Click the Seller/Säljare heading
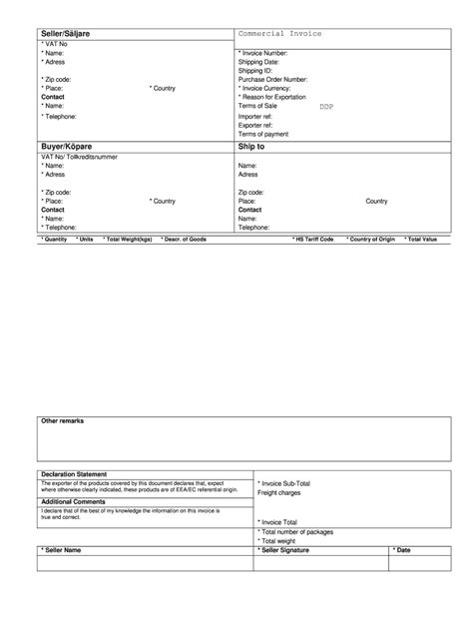[x=67, y=35]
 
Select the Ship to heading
[x=251, y=145]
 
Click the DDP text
[x=327, y=106]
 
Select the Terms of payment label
[x=263, y=133]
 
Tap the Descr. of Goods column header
[x=185, y=240]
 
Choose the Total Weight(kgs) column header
[x=128, y=240]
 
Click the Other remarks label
[x=62, y=421]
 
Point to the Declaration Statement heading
[x=74, y=473]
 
